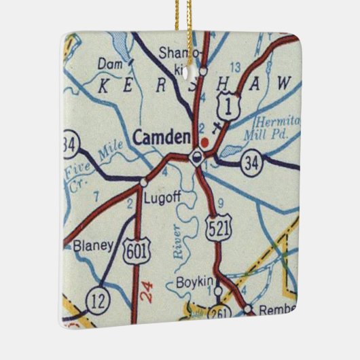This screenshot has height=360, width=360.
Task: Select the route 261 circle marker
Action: pyautogui.click(x=220, y=312)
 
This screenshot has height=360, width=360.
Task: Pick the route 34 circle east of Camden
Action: pyautogui.click(x=251, y=161)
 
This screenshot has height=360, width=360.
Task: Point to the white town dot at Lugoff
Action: pyautogui.click(x=143, y=182)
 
